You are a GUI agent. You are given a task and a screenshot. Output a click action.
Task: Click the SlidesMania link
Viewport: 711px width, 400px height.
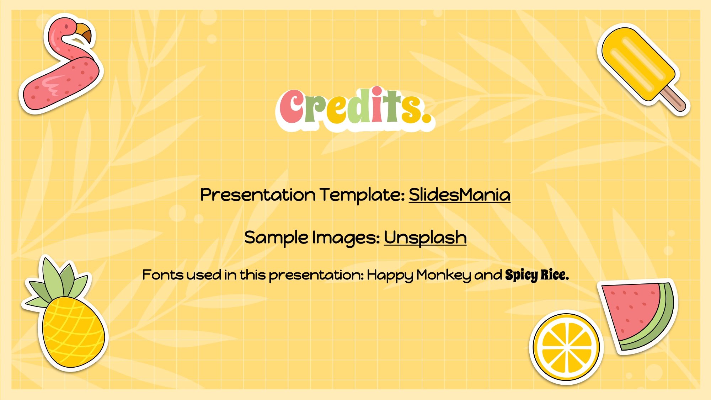coord(459,194)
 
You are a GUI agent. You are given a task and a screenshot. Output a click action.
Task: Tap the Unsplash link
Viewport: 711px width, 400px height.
coord(425,238)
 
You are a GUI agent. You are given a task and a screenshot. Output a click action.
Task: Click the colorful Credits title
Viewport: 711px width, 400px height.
coord(355,108)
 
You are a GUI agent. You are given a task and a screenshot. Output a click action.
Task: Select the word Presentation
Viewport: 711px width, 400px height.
coord(258,194)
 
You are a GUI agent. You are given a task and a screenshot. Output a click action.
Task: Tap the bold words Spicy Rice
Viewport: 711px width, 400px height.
coord(537,275)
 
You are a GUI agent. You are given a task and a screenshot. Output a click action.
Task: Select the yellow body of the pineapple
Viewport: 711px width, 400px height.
coord(73,332)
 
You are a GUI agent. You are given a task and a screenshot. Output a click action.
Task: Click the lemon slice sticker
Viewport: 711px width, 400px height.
coord(566,347)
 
